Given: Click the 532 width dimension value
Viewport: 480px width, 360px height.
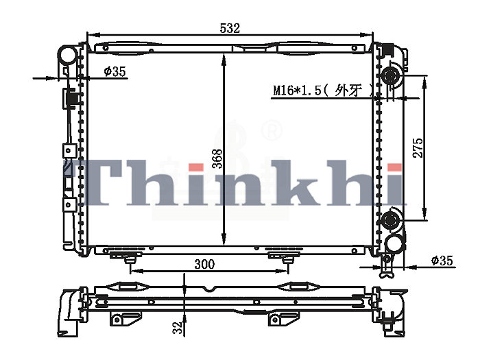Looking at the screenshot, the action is click(x=230, y=29).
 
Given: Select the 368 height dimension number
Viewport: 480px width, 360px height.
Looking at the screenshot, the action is click(x=217, y=158).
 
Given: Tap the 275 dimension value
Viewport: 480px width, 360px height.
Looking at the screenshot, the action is click(x=418, y=148).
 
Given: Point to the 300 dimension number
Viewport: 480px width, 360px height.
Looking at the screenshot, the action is click(x=204, y=264).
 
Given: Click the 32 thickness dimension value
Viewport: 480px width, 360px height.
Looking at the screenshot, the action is click(x=178, y=327).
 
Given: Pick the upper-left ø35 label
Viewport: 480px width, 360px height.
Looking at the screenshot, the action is click(x=115, y=71).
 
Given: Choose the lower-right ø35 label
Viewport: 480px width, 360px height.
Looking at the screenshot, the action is click(x=442, y=261).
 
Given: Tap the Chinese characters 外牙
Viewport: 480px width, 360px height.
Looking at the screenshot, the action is click(x=348, y=90).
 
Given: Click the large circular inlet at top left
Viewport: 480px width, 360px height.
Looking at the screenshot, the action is click(x=68, y=54).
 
